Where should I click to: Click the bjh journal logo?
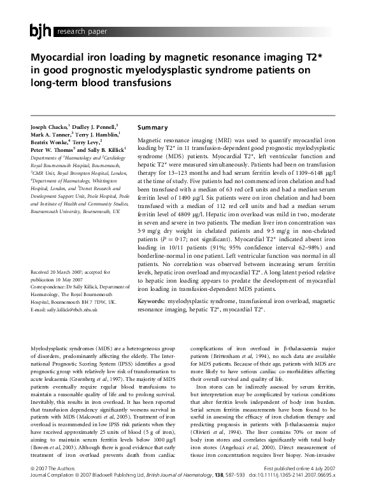point(40,30)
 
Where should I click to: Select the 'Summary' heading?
point(152,128)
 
